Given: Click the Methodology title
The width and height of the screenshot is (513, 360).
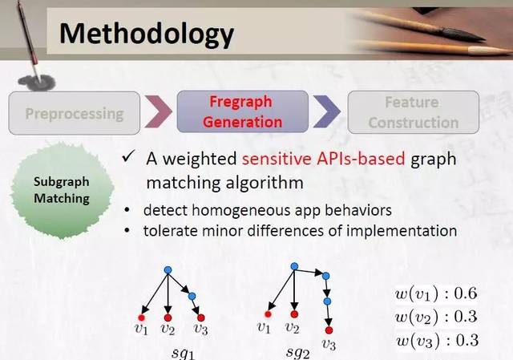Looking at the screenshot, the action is coord(147,34).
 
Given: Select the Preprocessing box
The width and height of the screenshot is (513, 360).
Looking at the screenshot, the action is coord(75,113).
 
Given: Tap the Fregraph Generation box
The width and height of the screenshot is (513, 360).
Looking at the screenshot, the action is coord(242,112).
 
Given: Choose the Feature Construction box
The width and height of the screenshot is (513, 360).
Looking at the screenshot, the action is coord(414,112).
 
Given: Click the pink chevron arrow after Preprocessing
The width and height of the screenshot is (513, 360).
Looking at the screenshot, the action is coord(159,111).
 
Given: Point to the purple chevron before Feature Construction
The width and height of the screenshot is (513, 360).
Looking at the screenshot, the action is coord(327,111).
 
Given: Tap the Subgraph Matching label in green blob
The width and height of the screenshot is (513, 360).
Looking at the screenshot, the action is coord(62,190).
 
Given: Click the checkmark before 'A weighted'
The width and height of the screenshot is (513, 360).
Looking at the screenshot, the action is coord(128,157).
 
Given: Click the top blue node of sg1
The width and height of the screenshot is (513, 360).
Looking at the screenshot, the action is coord(168,270).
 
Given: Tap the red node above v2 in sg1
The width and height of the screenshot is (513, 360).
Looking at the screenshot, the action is coord(168,318).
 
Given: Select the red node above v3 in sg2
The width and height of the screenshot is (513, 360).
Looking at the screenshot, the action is coord(329,330).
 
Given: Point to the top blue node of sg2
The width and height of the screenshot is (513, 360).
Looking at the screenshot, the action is coord(294,266).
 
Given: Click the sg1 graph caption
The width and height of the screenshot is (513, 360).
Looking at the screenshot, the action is coord(184,354).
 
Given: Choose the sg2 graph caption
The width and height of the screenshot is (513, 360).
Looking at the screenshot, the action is coord(297,353).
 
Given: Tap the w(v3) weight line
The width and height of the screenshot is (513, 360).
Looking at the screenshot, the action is coord(437,341).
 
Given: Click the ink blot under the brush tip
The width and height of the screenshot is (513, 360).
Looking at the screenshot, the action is coord(37,82).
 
